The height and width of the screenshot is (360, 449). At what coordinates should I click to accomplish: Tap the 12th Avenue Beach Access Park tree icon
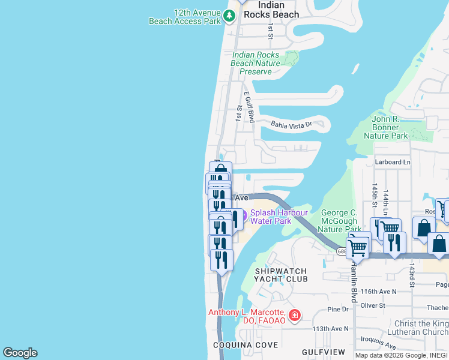[x=229, y=16]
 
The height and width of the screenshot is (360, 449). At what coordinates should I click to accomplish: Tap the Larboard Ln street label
[x=393, y=162]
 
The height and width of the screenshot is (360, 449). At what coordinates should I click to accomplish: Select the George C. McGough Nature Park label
[x=339, y=221]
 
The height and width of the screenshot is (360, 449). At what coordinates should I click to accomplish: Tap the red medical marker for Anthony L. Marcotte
[x=294, y=315]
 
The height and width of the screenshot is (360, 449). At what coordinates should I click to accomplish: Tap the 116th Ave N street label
[x=379, y=291]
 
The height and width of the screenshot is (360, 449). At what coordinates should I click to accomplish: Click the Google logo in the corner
[x=20, y=353]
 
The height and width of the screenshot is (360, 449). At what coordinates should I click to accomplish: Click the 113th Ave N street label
[x=330, y=329]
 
